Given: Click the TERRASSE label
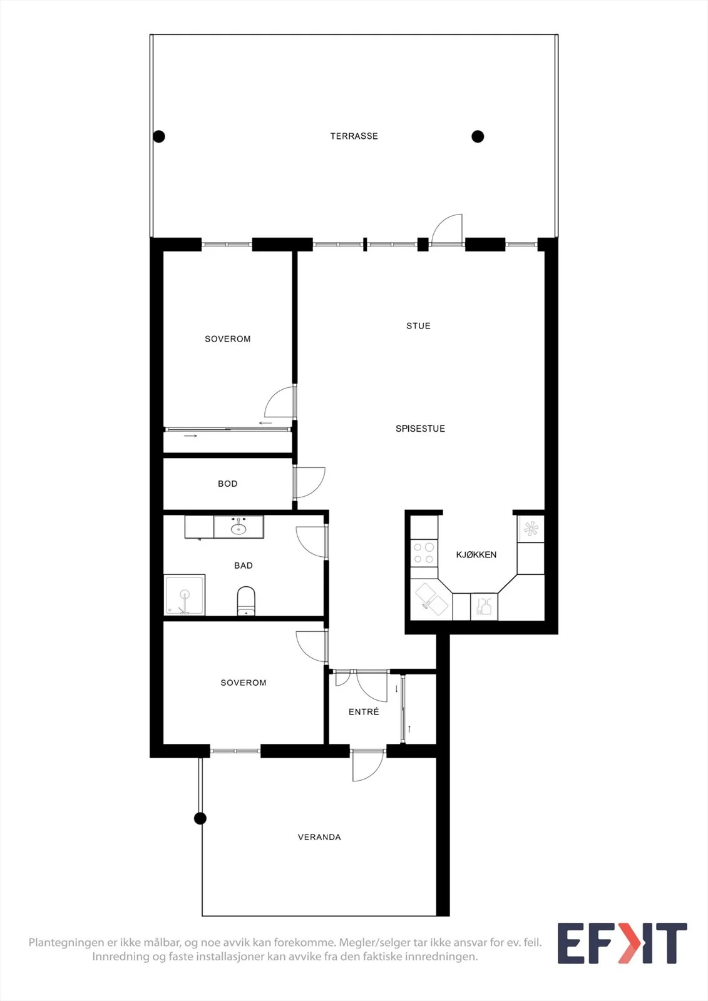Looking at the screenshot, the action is coord(354,136).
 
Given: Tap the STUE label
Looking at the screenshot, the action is coord(418,326).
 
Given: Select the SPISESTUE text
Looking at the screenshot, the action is coord(420,429).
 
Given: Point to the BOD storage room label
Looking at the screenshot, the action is coord(228,484).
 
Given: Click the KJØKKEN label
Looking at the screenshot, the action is coord(476,554).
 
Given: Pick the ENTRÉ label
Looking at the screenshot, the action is coord(364,711).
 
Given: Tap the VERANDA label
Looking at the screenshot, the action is coord(319,837).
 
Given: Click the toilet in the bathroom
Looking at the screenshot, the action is coord(245,601).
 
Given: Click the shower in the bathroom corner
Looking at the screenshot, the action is coord(185,595).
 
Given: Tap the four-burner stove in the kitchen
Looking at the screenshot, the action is coord(424,553).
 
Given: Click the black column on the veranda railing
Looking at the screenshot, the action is coord(200,818).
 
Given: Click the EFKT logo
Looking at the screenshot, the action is coord(622,943).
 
